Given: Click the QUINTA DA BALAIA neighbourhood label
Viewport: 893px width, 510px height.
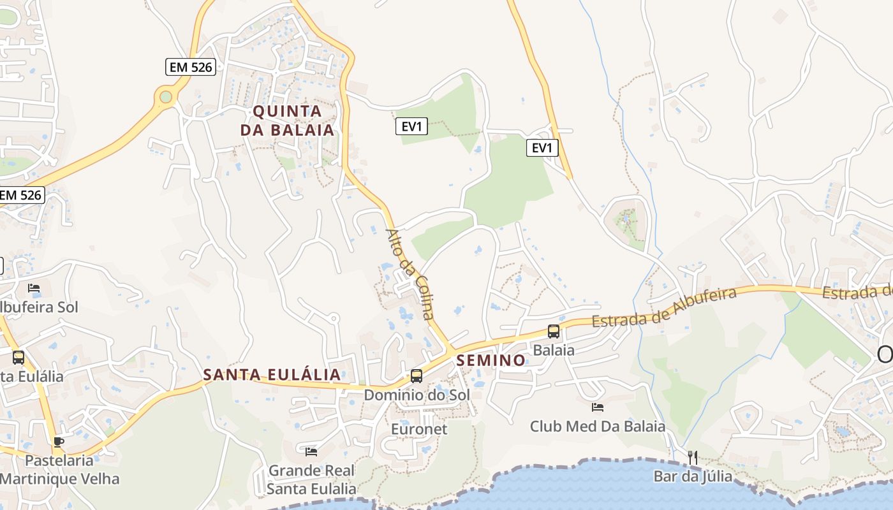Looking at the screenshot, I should click(x=286, y=120).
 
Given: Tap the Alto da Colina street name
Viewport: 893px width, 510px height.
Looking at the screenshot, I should click(x=410, y=273).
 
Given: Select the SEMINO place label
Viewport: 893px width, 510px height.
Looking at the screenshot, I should click(x=491, y=360).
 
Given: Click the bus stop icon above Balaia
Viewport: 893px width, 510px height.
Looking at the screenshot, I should click(x=553, y=331).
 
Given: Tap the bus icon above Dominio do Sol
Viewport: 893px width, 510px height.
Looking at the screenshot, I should click(x=417, y=376).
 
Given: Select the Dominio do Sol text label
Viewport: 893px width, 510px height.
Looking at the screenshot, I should click(x=417, y=395).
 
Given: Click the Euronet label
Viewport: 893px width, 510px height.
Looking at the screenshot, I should click(x=419, y=429).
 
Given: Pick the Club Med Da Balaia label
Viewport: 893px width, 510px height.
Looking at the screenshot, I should click(x=598, y=426).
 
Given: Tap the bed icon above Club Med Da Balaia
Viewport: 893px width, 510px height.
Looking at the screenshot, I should click(x=598, y=407).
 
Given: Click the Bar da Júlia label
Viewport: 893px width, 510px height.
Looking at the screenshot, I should click(x=693, y=476).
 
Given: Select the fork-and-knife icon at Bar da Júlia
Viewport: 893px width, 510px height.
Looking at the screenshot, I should click(x=693, y=457).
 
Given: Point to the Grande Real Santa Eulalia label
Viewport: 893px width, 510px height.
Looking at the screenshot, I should click(x=311, y=480).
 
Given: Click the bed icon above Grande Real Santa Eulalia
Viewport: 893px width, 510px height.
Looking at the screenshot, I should click(x=311, y=451).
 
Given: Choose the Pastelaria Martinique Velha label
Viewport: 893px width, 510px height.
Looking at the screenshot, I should click(x=59, y=469).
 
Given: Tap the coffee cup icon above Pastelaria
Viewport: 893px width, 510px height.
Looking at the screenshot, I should click(x=59, y=441).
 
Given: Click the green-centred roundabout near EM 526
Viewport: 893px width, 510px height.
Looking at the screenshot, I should click(x=166, y=97).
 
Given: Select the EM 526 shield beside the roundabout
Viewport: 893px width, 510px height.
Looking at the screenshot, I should click(x=191, y=66).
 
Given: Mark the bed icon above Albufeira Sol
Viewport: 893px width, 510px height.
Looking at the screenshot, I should click(x=34, y=288).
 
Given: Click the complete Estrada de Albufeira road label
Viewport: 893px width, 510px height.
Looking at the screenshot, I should click(x=664, y=307).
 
